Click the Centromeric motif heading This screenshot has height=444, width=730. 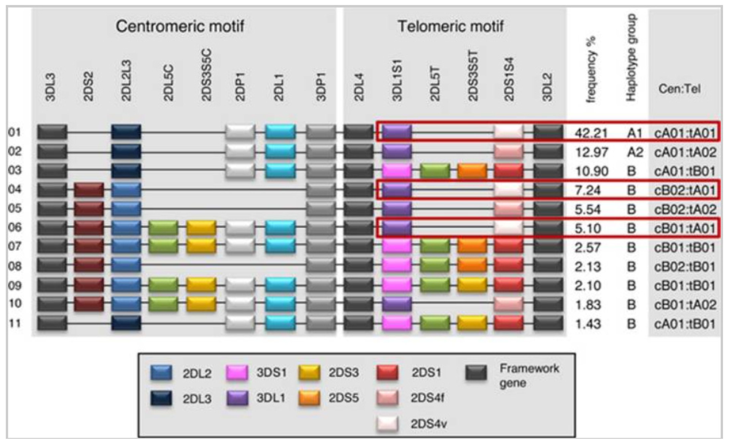(180, 27)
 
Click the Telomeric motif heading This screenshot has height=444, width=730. (450, 27)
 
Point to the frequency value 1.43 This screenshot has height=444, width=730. (588, 324)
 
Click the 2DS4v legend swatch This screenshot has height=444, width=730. (387, 424)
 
